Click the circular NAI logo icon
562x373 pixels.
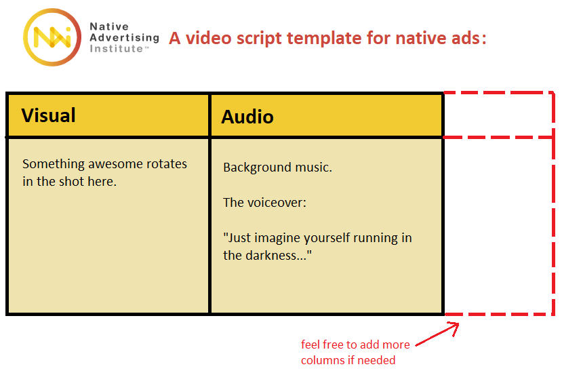tap(52, 37)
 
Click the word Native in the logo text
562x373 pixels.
tap(109, 26)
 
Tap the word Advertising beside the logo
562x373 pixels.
tap(124, 38)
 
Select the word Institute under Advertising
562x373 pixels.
tap(117, 48)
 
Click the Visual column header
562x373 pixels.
tap(48, 115)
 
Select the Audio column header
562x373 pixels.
tap(247, 117)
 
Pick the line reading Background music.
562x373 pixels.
tap(277, 168)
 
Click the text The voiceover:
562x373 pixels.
tap(264, 203)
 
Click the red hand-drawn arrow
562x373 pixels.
tap(437, 334)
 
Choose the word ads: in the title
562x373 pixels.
tap(469, 39)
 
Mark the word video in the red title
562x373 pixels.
tap(208, 39)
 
